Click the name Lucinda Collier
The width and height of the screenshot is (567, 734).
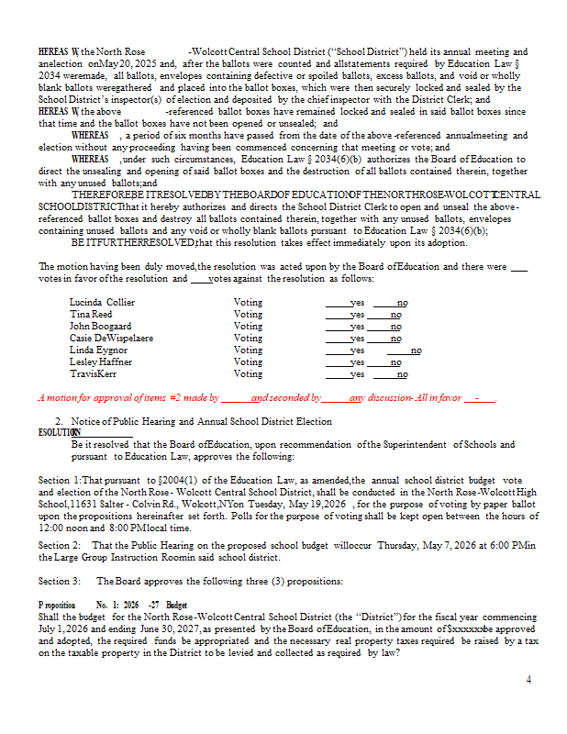[102, 302]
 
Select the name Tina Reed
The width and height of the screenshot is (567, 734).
[91, 314]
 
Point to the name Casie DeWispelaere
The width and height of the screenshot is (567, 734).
[111, 338]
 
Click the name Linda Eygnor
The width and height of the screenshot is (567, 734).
[98, 350]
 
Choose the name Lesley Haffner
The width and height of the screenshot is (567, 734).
[100, 361]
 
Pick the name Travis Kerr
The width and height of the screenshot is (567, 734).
[93, 373]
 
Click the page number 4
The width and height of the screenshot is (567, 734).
[528, 679]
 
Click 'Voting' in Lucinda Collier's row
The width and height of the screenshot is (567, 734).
[248, 302]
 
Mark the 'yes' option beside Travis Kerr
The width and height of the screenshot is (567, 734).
[357, 373]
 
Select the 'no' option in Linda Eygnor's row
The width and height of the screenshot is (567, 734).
[416, 350]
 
